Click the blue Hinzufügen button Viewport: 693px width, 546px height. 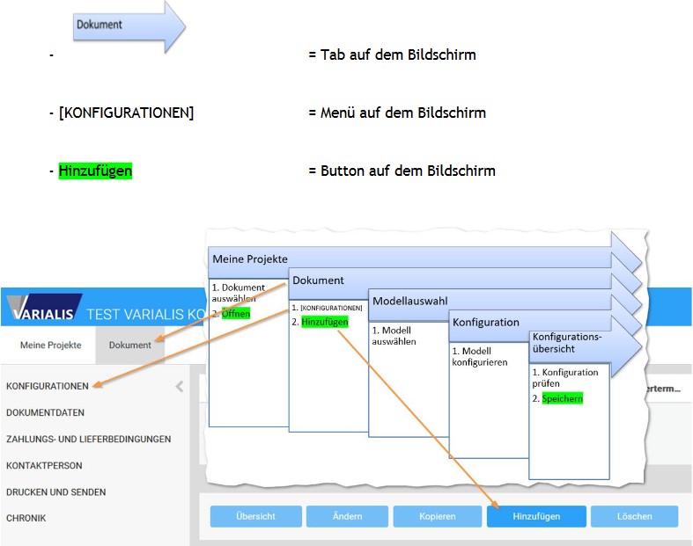[536, 516]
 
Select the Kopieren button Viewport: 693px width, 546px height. [438, 516]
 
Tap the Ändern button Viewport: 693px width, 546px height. [347, 516]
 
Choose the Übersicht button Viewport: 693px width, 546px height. [255, 516]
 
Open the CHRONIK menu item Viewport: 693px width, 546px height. [26, 518]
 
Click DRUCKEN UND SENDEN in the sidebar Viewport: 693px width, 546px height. [55, 491]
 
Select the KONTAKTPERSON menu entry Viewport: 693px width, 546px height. [44, 465]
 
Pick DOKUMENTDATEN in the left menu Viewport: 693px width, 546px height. [45, 411]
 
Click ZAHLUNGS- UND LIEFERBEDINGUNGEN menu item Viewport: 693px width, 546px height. [88, 439]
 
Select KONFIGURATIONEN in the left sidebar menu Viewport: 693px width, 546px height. [48, 386]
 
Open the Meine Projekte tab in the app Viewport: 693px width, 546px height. [50, 345]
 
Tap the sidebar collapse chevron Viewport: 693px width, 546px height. [180, 386]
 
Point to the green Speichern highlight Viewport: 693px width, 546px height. [562, 398]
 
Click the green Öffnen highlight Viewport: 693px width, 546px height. [236, 314]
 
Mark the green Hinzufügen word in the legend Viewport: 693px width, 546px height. [95, 171]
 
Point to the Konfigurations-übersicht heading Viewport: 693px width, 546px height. [567, 342]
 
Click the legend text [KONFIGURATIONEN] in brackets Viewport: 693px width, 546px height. [126, 113]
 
